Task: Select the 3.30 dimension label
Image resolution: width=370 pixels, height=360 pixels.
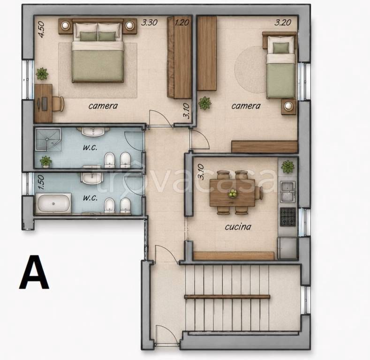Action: coord(149,22)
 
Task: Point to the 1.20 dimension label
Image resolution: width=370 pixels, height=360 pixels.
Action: coord(182,22)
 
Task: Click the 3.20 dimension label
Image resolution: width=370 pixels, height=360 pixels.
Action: coord(283,22)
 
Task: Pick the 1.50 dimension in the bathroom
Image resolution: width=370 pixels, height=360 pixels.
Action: coord(41,182)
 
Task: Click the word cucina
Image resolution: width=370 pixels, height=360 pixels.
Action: coord(238,227)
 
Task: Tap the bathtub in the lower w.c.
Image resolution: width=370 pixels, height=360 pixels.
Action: coord(53,203)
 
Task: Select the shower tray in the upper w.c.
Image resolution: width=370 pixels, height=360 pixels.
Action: coord(48,139)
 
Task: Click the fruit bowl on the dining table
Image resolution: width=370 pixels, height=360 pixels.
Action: coord(233,193)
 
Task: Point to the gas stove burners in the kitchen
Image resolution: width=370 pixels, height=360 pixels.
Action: coord(288,217)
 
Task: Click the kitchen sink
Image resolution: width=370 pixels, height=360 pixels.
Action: coord(288,191)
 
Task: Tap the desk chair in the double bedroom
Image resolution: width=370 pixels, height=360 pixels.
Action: coord(58,104)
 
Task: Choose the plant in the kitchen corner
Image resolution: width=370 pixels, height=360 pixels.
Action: coord(287,166)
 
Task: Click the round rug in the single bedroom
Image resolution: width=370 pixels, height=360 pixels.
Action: coord(250,69)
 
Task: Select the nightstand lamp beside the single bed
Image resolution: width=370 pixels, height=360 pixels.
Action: coord(288,106)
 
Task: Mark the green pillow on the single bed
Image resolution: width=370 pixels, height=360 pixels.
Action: coord(281,48)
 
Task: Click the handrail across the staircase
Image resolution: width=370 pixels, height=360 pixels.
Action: coord(227,297)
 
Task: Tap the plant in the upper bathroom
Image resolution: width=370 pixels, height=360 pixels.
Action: coord(46,162)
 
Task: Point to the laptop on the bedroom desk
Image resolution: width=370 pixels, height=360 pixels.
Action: coord(44,104)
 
